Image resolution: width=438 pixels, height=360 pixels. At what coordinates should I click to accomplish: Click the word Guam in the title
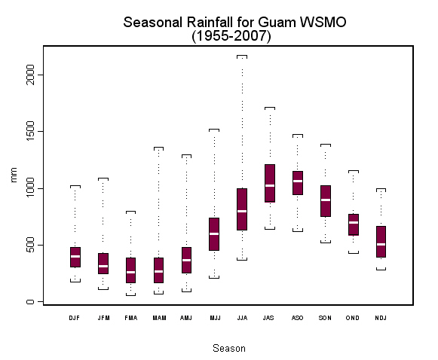[x=277, y=22]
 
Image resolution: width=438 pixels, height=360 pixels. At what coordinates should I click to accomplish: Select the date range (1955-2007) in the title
[x=231, y=36]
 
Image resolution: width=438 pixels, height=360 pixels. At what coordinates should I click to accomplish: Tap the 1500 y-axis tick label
[x=29, y=131]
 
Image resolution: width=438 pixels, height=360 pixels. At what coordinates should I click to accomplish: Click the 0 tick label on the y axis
[x=30, y=301]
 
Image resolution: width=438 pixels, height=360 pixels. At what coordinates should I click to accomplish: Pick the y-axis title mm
[x=14, y=175]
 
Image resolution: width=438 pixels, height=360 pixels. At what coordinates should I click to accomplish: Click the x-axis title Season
[x=229, y=348]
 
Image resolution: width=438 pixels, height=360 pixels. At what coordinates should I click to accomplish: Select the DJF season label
[x=75, y=318]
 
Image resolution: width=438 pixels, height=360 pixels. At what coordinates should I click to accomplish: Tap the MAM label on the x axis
[x=160, y=318]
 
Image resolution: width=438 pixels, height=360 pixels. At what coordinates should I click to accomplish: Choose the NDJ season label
[x=381, y=318]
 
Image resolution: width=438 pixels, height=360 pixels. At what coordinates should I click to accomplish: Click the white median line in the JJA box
[x=242, y=211]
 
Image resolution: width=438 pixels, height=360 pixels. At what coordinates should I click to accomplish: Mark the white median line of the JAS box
[x=270, y=185]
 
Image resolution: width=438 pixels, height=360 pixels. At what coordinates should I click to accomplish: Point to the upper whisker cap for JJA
[x=242, y=56]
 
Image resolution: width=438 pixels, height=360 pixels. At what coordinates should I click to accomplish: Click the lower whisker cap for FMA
[x=130, y=294]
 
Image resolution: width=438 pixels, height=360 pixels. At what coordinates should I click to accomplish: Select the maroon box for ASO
[x=298, y=183]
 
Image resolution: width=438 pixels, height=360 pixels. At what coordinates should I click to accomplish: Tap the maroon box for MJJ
[x=214, y=234]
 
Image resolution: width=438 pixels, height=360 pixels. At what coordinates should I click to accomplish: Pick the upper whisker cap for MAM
[x=158, y=148]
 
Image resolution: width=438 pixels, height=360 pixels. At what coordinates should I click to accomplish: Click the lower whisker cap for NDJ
[x=381, y=270]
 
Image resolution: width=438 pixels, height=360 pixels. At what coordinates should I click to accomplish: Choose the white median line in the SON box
[x=326, y=200]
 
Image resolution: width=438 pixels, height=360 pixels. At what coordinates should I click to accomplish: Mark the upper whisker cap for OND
[x=354, y=171]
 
